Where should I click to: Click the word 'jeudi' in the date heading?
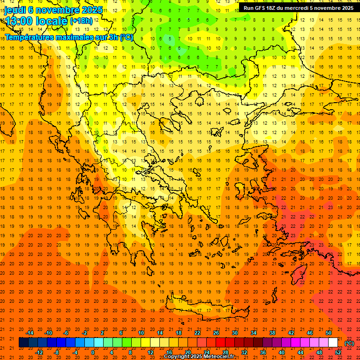pos(15,10)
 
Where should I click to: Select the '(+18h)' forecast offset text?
pos(81,21)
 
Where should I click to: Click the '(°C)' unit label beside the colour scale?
pos(349,343)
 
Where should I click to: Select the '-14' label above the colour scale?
pos(30,333)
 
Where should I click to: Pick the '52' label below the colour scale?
pos(338,352)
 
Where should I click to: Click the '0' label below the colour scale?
pos(93,352)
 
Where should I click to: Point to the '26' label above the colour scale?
pos(216,333)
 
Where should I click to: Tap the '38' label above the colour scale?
pos(272,333)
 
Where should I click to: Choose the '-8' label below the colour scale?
pos(57,352)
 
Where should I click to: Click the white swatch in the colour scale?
pos(333,343)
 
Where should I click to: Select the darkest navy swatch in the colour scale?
pos(23,343)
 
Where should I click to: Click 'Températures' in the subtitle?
pos(29,37)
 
